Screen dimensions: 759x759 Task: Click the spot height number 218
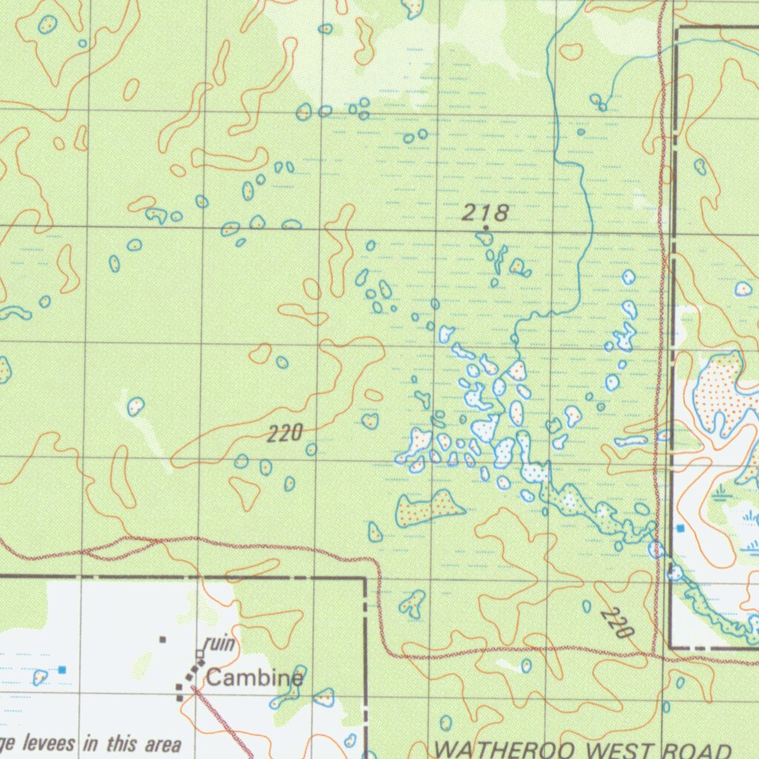[x=485, y=213]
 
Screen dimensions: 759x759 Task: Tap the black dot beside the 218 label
[x=485, y=228]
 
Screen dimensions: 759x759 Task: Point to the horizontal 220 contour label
[x=285, y=434]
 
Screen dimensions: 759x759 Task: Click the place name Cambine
[x=254, y=677]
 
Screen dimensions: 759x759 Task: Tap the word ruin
[x=220, y=643]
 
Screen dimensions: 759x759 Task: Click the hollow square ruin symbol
[x=199, y=654]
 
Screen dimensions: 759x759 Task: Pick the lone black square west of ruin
[x=163, y=639]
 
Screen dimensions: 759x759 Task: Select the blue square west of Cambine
[x=62, y=670]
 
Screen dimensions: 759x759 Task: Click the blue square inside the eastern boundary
[x=680, y=528]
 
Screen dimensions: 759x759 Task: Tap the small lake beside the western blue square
[x=40, y=676]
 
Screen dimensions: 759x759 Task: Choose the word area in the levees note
[x=162, y=743]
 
